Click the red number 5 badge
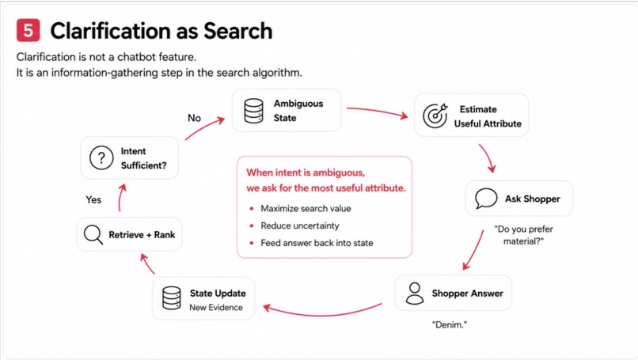tap(28, 30)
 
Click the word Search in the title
tap(238, 31)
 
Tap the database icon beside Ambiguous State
tap(253, 111)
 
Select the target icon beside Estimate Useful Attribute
tap(435, 116)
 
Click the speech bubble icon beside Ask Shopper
tap(486, 198)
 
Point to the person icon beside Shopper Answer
tap(415, 294)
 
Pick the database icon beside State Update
tap(171, 297)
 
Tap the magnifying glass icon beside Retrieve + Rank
tap(93, 234)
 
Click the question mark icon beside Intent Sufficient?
tap(101, 157)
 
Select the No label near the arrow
tap(194, 118)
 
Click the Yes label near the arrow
tap(93, 199)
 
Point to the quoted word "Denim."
tap(450, 324)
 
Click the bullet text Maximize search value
tap(306, 209)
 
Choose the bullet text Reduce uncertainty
tap(300, 225)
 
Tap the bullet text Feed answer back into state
tap(317, 243)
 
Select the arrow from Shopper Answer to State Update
tap(322, 313)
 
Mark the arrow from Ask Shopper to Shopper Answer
tap(474, 250)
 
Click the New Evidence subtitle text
tap(216, 308)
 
